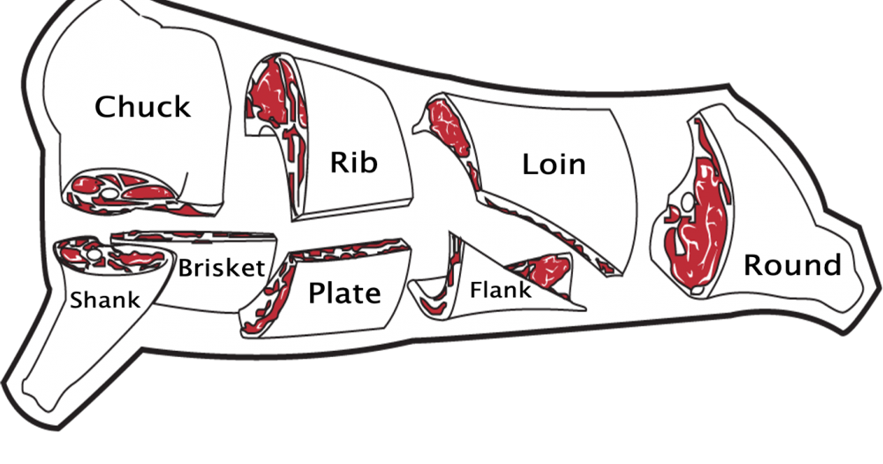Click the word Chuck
(x=143, y=106)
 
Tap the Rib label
(x=353, y=162)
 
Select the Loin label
(x=555, y=164)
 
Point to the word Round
(x=792, y=264)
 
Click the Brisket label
(x=222, y=268)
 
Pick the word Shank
(x=105, y=300)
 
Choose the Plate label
(x=344, y=293)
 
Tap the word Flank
(x=501, y=290)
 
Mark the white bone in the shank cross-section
(x=94, y=255)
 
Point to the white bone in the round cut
(x=688, y=202)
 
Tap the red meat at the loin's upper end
(x=449, y=126)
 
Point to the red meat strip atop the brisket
(x=192, y=234)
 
